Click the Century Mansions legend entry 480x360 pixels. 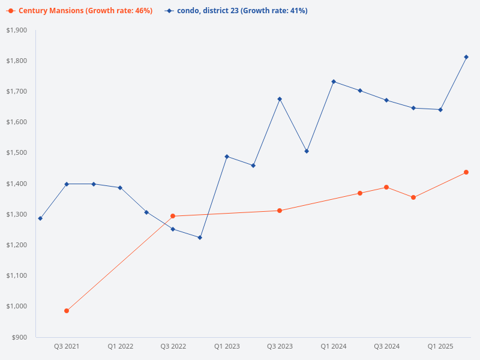(81, 11)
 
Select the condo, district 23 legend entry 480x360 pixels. (237, 11)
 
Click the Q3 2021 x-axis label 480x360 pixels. (67, 346)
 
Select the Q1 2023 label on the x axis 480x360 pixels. (227, 346)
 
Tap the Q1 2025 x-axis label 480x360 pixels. (440, 346)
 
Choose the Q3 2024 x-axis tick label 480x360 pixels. (386, 346)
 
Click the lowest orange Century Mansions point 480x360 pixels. (67, 311)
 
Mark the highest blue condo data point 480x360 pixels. (466, 57)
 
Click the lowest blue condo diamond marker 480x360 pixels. (200, 238)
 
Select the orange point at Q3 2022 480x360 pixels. (173, 216)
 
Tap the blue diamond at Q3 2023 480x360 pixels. (280, 99)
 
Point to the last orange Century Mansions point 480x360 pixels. (466, 172)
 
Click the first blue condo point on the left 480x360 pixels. (40, 218)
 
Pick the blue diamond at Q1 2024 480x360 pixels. (333, 82)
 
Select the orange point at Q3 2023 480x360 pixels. (280, 211)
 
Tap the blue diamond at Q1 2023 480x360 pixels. (227, 157)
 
